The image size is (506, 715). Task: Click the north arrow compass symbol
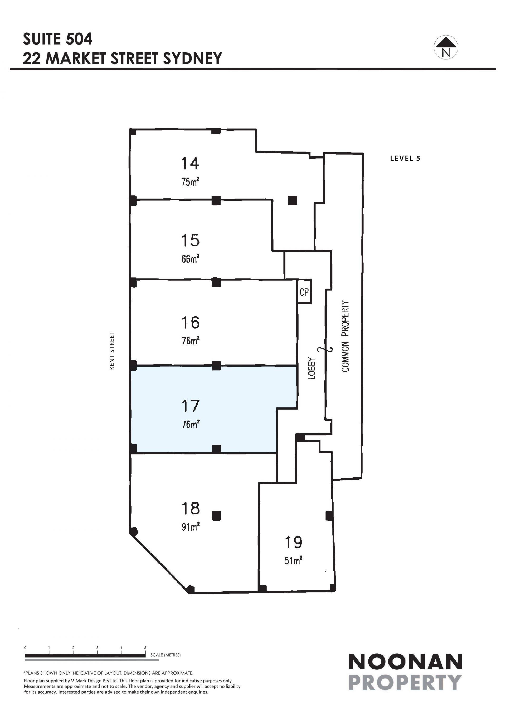click(x=446, y=47)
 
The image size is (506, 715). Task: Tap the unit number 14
click(x=190, y=164)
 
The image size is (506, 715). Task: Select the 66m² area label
click(x=190, y=258)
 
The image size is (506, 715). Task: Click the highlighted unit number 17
click(x=190, y=406)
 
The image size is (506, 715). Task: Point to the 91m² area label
click(x=190, y=526)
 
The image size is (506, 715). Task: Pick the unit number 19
click(x=294, y=542)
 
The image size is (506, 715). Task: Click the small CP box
click(x=304, y=292)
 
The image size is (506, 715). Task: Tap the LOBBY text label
click(x=312, y=368)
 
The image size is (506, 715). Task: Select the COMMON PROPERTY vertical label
click(x=345, y=336)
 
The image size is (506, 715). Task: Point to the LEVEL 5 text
click(x=405, y=158)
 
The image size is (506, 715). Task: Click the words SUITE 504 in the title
click(x=58, y=39)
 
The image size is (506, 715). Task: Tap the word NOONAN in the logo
click(x=405, y=662)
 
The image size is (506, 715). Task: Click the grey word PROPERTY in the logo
click(x=405, y=682)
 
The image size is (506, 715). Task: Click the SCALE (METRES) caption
click(x=166, y=655)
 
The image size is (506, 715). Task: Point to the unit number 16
click(x=190, y=323)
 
